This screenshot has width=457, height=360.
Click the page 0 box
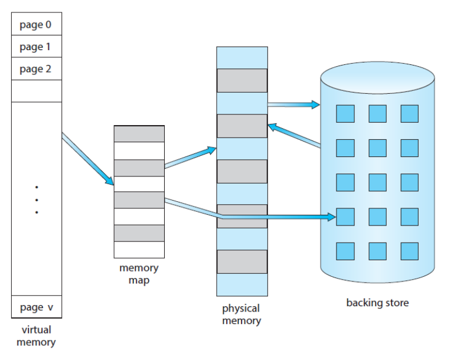37,24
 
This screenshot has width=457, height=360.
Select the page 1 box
37,46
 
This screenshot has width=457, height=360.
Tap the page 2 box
37,68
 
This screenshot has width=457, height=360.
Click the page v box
37,307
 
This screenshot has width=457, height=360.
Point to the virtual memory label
36,336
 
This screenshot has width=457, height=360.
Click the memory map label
139,274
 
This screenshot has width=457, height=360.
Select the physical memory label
241,315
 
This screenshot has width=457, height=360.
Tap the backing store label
377,303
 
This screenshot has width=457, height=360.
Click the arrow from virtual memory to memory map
88,159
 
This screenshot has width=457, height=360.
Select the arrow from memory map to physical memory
190,158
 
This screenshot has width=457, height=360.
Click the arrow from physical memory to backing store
294,104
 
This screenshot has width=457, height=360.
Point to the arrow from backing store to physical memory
294,135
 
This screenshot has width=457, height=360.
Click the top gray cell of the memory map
139,134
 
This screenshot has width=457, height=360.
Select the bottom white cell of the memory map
139,250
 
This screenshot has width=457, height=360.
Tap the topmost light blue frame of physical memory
242,58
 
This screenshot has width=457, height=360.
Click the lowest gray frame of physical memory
242,261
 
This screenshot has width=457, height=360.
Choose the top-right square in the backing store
410,113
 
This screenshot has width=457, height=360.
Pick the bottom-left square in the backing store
345,251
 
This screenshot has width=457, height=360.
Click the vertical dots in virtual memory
37,200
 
